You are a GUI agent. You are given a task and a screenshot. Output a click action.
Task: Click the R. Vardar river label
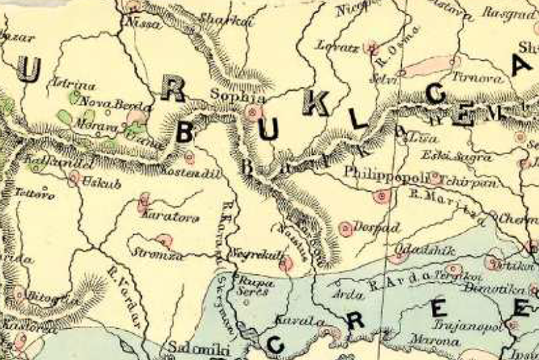[x=124, y=297]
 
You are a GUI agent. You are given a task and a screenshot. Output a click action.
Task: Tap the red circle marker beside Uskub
[x=74, y=179]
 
